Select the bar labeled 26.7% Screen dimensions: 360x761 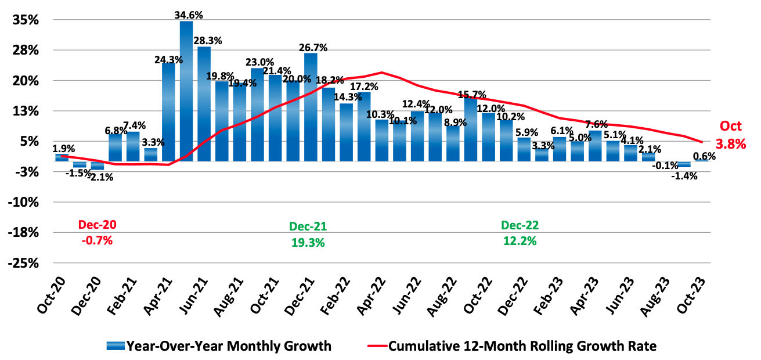click(311, 107)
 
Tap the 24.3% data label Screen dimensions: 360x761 click(169, 59)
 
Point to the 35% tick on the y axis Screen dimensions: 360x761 click(26, 20)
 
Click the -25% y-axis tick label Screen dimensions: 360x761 click(24, 263)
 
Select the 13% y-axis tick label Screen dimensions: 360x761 click(26, 111)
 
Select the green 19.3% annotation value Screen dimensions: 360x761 click(307, 243)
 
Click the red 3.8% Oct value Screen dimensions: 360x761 click(731, 144)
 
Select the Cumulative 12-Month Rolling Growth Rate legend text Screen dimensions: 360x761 click(522, 347)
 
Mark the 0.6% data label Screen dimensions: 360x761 click(704, 156)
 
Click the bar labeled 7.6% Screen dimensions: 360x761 click(595, 146)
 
